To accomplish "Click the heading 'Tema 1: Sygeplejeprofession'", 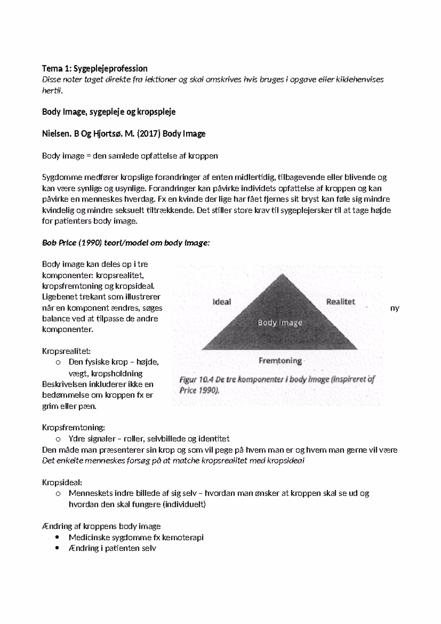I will [94, 68].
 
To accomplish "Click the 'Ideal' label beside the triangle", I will [222, 302].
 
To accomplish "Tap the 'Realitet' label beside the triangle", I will [340, 302].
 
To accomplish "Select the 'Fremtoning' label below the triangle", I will [280, 361].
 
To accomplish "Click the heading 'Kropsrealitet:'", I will [66, 351].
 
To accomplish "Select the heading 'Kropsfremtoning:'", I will [73, 428].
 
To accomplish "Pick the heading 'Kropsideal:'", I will [62, 482].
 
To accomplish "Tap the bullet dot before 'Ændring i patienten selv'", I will [57, 548].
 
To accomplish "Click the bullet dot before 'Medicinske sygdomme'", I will [57, 537].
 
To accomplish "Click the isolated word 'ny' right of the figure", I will [394, 308].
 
